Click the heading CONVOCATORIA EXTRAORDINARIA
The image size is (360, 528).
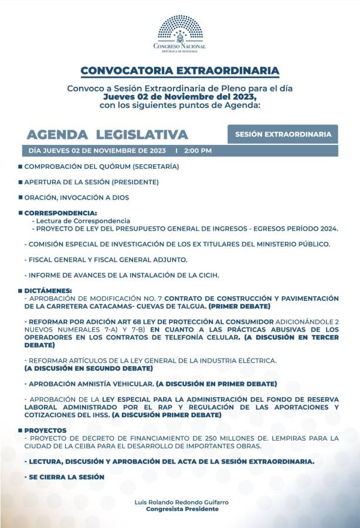(179, 71)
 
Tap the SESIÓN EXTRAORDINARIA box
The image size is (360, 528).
(283, 134)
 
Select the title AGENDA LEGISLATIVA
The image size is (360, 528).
(107, 134)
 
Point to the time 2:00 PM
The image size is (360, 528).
(198, 151)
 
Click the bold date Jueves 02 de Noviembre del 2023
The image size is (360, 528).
(179, 96)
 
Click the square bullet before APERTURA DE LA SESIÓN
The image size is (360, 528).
(20, 182)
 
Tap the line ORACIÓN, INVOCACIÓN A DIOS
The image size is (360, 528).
(76, 198)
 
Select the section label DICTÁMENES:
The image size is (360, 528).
(48, 290)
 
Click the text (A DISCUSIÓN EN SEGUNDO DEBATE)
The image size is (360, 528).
(89, 368)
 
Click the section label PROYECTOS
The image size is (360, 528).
(45, 430)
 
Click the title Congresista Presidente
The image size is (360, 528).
(182, 509)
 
